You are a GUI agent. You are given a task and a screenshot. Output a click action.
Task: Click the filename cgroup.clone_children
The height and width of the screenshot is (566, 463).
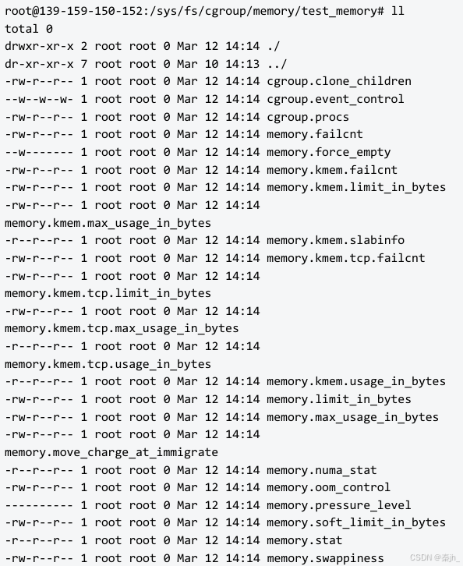click(x=339, y=82)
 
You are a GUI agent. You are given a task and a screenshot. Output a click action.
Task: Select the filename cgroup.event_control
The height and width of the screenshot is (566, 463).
click(x=335, y=99)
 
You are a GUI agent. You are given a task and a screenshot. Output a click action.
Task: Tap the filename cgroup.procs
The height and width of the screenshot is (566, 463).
click(x=308, y=117)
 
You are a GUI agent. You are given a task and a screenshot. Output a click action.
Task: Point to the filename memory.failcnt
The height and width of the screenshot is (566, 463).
click(x=315, y=134)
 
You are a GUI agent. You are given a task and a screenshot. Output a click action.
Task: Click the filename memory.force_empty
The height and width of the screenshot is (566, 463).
click(x=328, y=152)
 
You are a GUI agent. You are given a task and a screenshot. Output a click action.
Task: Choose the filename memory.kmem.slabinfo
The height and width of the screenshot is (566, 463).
click(x=336, y=240)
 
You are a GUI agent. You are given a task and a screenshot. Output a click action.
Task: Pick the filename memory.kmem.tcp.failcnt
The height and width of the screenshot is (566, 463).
click(x=346, y=259)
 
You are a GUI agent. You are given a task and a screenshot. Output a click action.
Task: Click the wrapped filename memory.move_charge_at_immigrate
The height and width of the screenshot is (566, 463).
click(x=111, y=453)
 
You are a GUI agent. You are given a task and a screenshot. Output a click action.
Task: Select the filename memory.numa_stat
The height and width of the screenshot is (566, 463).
click(x=322, y=470)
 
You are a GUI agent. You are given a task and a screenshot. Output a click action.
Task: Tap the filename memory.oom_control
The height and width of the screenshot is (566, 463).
click(x=328, y=488)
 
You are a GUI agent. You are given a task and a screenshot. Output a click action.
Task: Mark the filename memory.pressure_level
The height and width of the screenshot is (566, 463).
click(x=339, y=505)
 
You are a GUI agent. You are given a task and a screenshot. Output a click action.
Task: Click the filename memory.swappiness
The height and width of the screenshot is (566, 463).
click(x=325, y=558)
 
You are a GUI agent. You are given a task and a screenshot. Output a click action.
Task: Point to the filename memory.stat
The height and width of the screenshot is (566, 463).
click(x=304, y=540)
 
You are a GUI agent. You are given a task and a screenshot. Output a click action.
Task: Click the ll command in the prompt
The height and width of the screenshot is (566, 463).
click(x=398, y=11)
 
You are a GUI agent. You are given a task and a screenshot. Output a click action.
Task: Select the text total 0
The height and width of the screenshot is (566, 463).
click(x=29, y=29)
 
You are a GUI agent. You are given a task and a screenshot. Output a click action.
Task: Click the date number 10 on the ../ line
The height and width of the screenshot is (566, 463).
click(x=211, y=64)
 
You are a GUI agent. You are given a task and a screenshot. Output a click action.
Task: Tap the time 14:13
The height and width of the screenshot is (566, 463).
click(x=242, y=64)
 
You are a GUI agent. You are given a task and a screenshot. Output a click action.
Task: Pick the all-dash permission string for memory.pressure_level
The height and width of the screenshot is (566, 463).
click(x=39, y=505)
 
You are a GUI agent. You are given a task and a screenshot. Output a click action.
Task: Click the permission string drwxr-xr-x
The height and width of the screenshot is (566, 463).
click(x=39, y=46)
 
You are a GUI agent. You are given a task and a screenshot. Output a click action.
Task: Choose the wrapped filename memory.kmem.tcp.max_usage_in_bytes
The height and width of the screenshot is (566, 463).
click(x=122, y=329)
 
